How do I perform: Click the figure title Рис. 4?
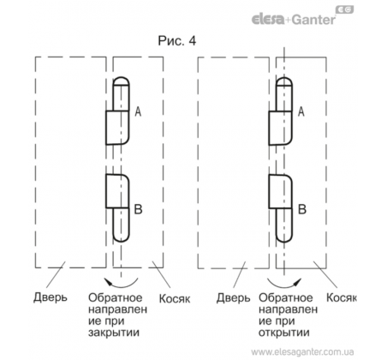(177, 41)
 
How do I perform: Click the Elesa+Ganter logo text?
(294, 20)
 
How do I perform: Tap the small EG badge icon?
(345, 9)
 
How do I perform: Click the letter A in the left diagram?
(138, 111)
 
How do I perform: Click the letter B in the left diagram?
(138, 209)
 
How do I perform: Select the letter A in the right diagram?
(301, 111)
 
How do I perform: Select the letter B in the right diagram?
(302, 209)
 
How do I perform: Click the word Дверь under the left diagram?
(51, 297)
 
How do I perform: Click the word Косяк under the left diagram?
(175, 298)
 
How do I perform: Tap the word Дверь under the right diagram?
(233, 298)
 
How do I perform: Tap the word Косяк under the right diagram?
(342, 297)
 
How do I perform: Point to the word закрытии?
(114, 333)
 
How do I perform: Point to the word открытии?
(284, 333)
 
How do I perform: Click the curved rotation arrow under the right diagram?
(284, 285)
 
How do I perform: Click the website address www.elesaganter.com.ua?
(302, 352)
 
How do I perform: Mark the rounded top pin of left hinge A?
(121, 94)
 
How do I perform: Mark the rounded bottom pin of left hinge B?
(121, 225)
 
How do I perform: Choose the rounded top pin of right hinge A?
(284, 94)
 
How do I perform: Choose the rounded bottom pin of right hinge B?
(284, 225)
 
